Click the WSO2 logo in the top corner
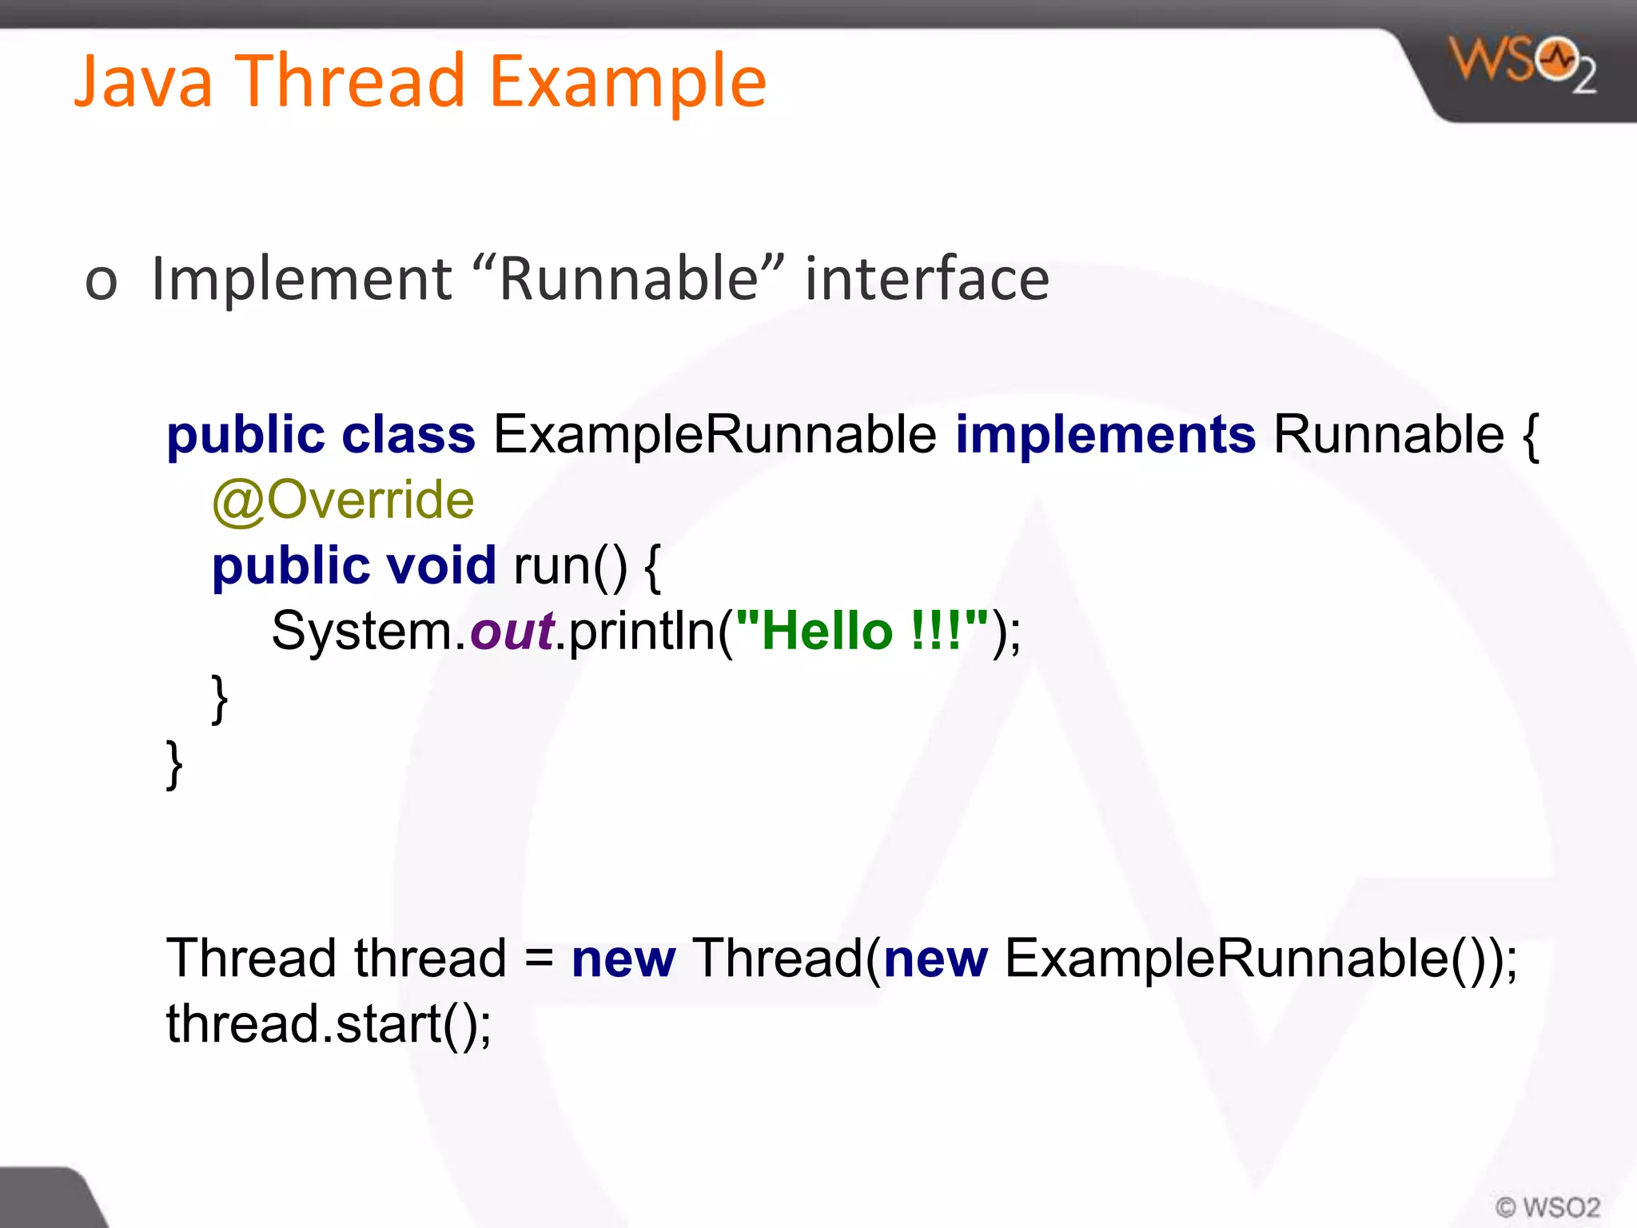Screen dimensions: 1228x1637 1523,64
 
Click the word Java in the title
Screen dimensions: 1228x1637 144,81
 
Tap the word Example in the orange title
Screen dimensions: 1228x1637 627,81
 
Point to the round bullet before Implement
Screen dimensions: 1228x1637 102,282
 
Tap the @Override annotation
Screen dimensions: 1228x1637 343,500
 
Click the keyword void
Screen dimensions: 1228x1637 441,565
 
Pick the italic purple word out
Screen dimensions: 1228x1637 512,631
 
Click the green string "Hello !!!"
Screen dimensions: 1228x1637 862,631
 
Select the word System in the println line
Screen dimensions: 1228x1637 363,631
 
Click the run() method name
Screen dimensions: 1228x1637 570,565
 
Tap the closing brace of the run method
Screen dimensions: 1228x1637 219,698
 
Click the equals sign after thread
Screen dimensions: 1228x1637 540,959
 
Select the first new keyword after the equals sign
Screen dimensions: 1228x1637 623,959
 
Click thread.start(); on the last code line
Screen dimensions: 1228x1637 329,1024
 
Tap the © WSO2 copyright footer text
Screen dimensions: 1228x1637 1547,1206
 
